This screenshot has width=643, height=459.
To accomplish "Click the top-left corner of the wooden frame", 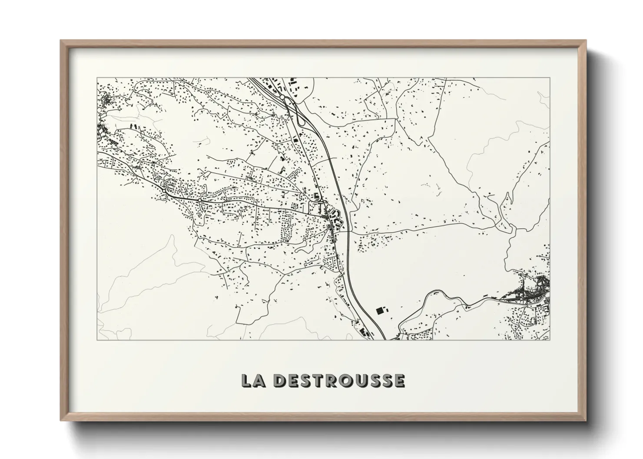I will click(61, 41).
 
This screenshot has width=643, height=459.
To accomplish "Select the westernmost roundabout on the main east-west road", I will click(164, 190).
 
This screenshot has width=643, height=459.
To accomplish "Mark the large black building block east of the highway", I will click(381, 311).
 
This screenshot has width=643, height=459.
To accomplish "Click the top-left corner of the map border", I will click(97, 78).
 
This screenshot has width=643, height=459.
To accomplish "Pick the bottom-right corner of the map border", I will click(550, 340).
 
